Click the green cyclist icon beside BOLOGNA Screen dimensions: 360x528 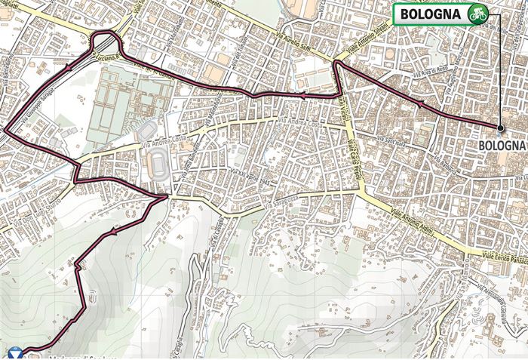coord(475,13)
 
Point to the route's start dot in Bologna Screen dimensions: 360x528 coord(499,127)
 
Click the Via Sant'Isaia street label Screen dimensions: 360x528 coord(393,140)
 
